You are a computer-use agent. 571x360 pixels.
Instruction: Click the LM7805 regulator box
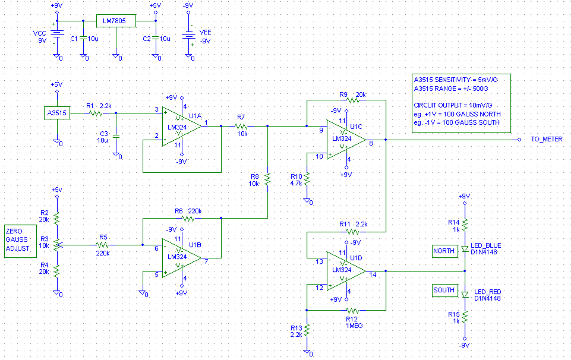click(x=116, y=21)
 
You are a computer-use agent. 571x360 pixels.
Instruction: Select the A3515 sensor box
click(x=58, y=112)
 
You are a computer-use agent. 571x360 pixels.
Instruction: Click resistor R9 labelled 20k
click(x=354, y=100)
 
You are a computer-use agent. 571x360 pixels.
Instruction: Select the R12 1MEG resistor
click(x=353, y=310)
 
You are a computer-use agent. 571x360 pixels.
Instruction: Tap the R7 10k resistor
click(x=241, y=126)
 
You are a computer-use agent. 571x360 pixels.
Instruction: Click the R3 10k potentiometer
click(x=57, y=244)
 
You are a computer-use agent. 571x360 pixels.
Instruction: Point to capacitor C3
click(x=116, y=136)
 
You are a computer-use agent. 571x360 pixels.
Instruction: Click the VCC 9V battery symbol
click(x=57, y=35)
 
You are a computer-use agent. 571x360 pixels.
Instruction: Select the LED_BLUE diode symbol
click(x=465, y=250)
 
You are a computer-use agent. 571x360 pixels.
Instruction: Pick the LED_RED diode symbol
click(x=465, y=293)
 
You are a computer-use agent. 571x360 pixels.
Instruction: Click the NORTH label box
click(x=443, y=251)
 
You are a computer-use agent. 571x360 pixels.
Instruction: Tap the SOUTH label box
click(x=443, y=290)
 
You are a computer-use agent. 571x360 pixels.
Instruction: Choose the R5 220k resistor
click(x=103, y=244)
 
